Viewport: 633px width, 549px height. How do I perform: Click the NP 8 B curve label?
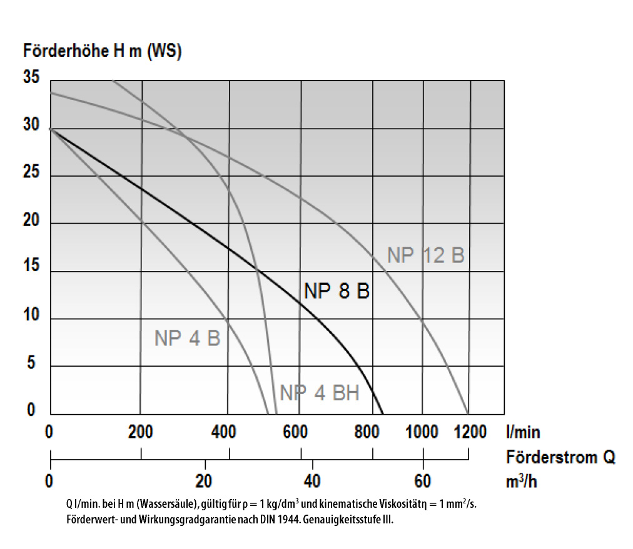coord(337,291)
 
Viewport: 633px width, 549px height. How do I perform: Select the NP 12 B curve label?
coord(425,255)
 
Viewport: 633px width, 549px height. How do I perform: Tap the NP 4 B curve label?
coord(187,338)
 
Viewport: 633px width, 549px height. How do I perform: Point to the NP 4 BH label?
coord(319,393)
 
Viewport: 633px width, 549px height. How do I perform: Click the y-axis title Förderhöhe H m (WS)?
coord(102,51)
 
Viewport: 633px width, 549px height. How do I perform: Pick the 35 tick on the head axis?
coord(32,78)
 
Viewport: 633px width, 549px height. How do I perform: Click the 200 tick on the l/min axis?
coord(140,432)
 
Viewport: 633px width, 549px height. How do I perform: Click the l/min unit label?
coord(523,432)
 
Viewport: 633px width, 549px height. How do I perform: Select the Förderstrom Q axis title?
coord(560,458)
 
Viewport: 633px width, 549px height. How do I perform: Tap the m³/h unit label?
coord(523,482)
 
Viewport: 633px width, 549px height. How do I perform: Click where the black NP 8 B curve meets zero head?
coord(383,413)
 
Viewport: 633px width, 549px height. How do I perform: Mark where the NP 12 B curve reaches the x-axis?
coord(468,413)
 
